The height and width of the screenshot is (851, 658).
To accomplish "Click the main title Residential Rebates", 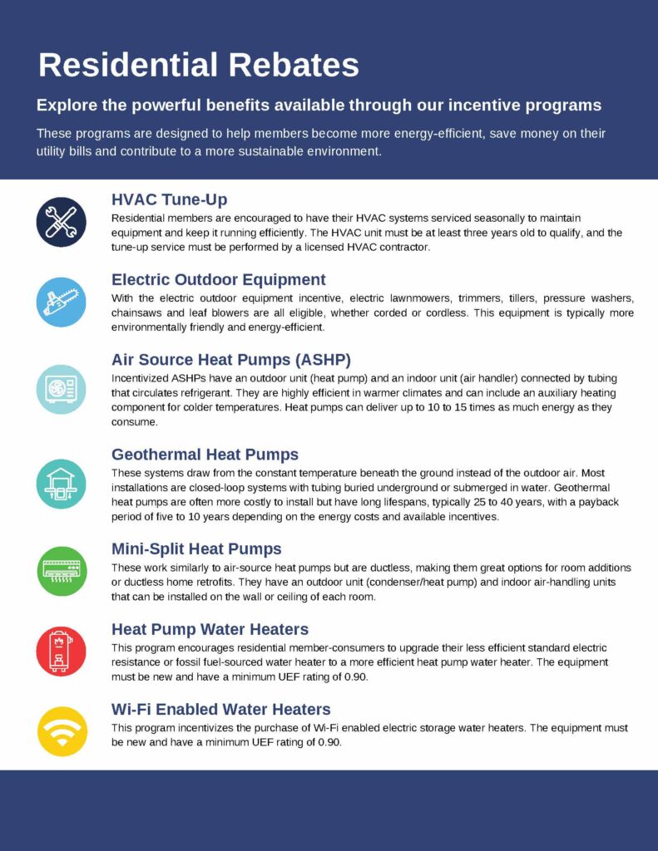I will pyautogui.click(x=199, y=65).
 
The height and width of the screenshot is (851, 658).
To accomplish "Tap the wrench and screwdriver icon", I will pyautogui.click(x=62, y=222).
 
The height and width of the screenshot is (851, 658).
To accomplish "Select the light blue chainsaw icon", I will pyautogui.click(x=62, y=302).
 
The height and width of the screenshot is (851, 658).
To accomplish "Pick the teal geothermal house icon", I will pyautogui.click(x=62, y=484).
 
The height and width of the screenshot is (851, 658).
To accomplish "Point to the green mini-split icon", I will pyautogui.click(x=62, y=571).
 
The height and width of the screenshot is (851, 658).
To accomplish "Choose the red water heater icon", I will pyautogui.click(x=62, y=651).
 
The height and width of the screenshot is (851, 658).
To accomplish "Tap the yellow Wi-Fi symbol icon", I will pyautogui.click(x=62, y=730).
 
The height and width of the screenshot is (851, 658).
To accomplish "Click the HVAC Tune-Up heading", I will pyautogui.click(x=169, y=199).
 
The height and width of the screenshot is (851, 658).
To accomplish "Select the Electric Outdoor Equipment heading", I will pyautogui.click(x=219, y=279).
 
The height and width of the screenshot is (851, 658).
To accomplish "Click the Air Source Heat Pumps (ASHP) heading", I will pyautogui.click(x=231, y=359).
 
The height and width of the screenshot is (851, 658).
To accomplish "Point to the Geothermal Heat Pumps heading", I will pyautogui.click(x=205, y=455).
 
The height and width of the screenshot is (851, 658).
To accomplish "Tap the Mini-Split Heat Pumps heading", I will pyautogui.click(x=196, y=548).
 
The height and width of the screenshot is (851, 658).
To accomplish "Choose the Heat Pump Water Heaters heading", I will pyautogui.click(x=210, y=629).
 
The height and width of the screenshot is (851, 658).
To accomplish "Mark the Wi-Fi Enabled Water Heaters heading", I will pyautogui.click(x=221, y=709).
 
